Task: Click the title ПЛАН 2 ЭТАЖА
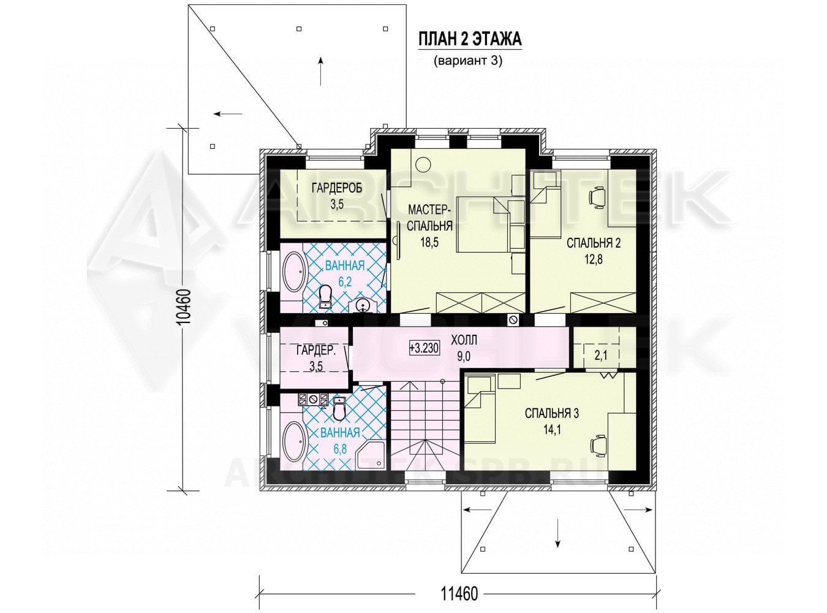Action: [470, 40]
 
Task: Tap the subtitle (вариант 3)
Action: [467, 61]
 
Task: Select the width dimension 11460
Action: [459, 593]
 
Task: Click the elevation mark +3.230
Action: [424, 348]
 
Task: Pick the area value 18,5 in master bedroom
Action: [429, 242]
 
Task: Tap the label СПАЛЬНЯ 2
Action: [594, 243]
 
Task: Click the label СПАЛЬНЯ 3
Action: [552, 413]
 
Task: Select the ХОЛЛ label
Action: [464, 340]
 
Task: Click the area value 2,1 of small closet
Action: [601, 356]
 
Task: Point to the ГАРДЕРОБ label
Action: [337, 188]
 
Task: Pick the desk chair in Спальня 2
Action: [597, 197]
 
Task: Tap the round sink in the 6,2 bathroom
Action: [363, 305]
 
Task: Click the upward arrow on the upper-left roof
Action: [320, 71]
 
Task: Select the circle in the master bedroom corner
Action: [423, 164]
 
